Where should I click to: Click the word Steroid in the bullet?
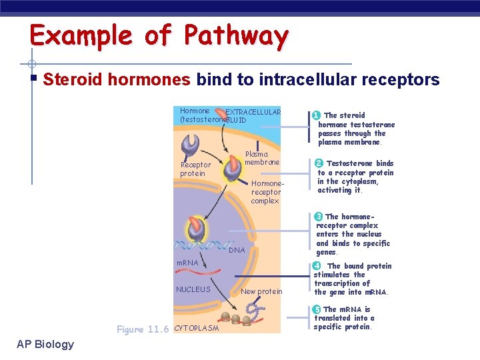point(72,81)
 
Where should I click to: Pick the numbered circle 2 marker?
point(319,163)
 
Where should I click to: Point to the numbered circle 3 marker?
point(319,216)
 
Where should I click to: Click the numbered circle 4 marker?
point(317,266)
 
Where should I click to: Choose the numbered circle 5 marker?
point(317,309)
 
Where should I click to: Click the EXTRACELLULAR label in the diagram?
point(253,112)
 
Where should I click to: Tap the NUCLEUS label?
point(193,289)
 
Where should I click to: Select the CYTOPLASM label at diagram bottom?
point(196,328)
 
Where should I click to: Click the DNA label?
point(237,250)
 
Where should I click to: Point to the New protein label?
point(261,291)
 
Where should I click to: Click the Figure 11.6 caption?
point(143,329)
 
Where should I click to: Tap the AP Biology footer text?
point(46,344)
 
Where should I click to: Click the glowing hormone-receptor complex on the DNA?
point(196,229)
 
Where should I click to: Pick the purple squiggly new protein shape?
point(253,309)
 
